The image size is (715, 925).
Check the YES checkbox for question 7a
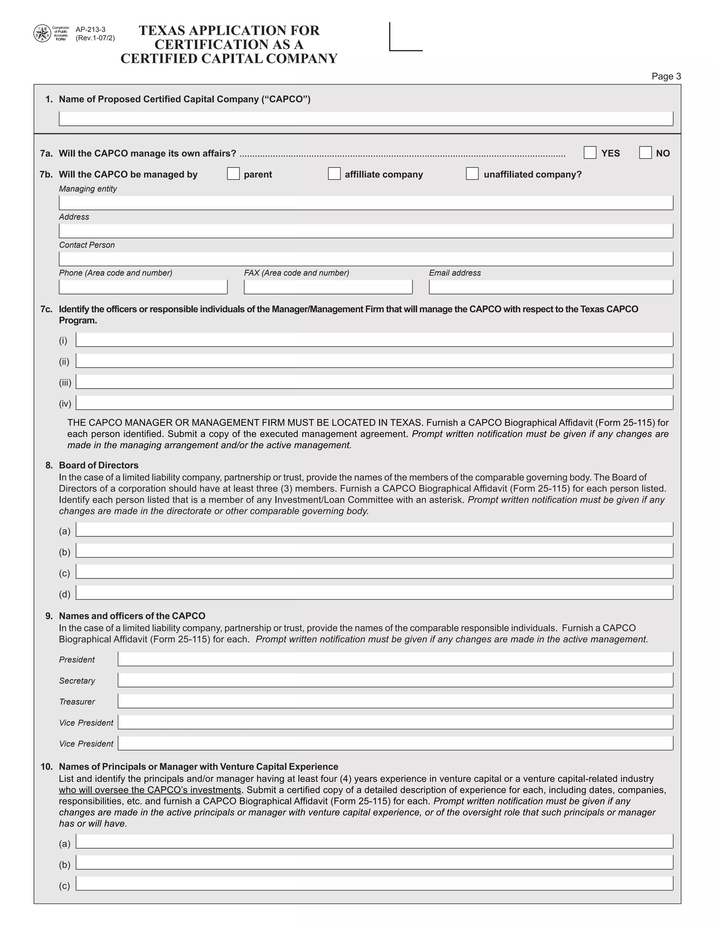(x=590, y=153)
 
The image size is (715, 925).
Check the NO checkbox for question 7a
(x=645, y=153)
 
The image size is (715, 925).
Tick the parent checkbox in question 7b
(x=233, y=173)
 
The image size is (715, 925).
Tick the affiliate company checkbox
(x=334, y=173)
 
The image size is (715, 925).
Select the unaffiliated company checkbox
(x=472, y=173)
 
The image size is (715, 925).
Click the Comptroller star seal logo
(x=42, y=34)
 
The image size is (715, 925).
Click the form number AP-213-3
(x=90, y=30)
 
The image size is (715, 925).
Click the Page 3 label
(x=666, y=76)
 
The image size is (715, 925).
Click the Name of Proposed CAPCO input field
(x=366, y=119)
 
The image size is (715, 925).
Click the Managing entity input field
(x=366, y=203)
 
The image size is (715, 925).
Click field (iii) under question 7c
(x=374, y=382)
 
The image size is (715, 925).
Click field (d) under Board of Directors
(x=374, y=593)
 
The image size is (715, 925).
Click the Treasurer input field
(x=395, y=701)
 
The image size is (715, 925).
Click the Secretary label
(x=77, y=681)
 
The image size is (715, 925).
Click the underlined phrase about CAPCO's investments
(x=150, y=790)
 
